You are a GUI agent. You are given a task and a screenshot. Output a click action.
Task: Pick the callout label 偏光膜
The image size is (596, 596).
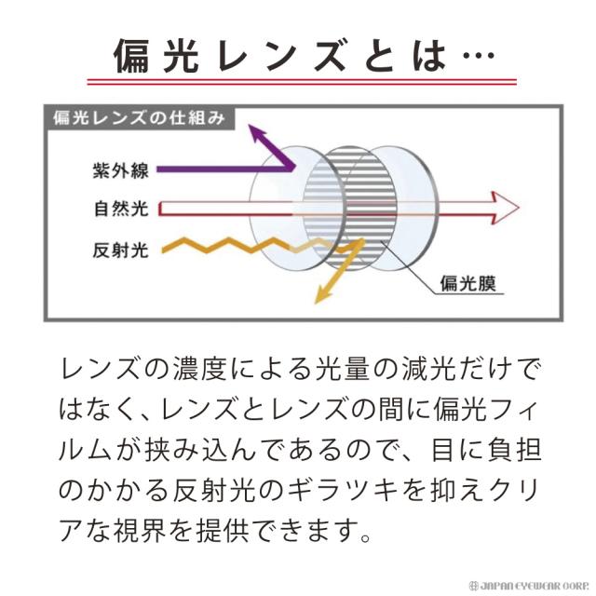[471, 285]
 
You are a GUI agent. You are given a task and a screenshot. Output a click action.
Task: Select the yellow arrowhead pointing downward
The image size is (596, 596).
[322, 295]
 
